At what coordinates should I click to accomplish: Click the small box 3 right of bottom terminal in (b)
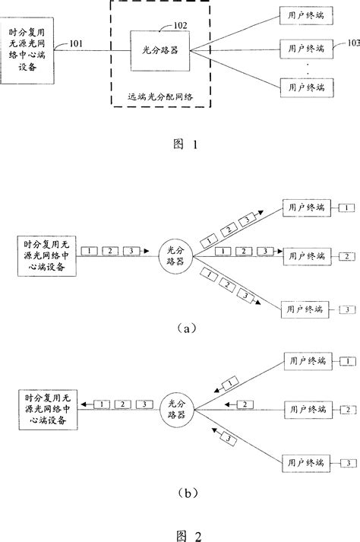click(x=345, y=461)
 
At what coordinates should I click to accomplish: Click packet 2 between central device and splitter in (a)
click(x=111, y=251)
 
